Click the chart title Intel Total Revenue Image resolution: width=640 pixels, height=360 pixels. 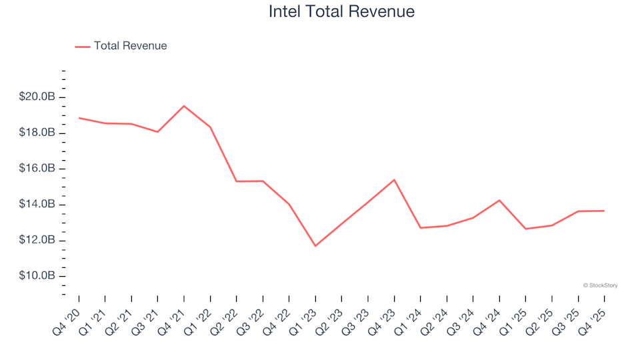click(x=341, y=12)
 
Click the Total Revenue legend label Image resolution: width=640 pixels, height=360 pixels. click(x=130, y=46)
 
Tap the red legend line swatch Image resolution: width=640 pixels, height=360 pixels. click(x=83, y=47)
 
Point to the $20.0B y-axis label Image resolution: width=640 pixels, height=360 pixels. click(x=37, y=97)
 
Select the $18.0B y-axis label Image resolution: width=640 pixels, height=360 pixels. click(x=37, y=133)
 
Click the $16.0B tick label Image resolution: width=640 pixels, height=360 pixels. click(x=37, y=169)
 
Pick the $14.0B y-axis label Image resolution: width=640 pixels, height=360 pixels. click(x=37, y=205)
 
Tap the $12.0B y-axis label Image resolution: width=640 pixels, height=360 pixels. click(x=37, y=240)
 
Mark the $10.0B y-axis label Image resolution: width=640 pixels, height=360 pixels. click(x=37, y=276)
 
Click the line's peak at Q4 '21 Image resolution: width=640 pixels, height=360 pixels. click(x=184, y=106)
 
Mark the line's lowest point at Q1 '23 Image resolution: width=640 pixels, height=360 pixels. click(x=315, y=246)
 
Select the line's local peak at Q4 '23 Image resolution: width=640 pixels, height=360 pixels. click(x=394, y=179)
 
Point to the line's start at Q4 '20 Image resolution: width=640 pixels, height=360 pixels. click(x=79, y=118)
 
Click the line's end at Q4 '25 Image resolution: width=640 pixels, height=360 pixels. click(x=604, y=211)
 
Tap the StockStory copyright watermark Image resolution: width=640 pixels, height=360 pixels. click(x=600, y=285)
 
